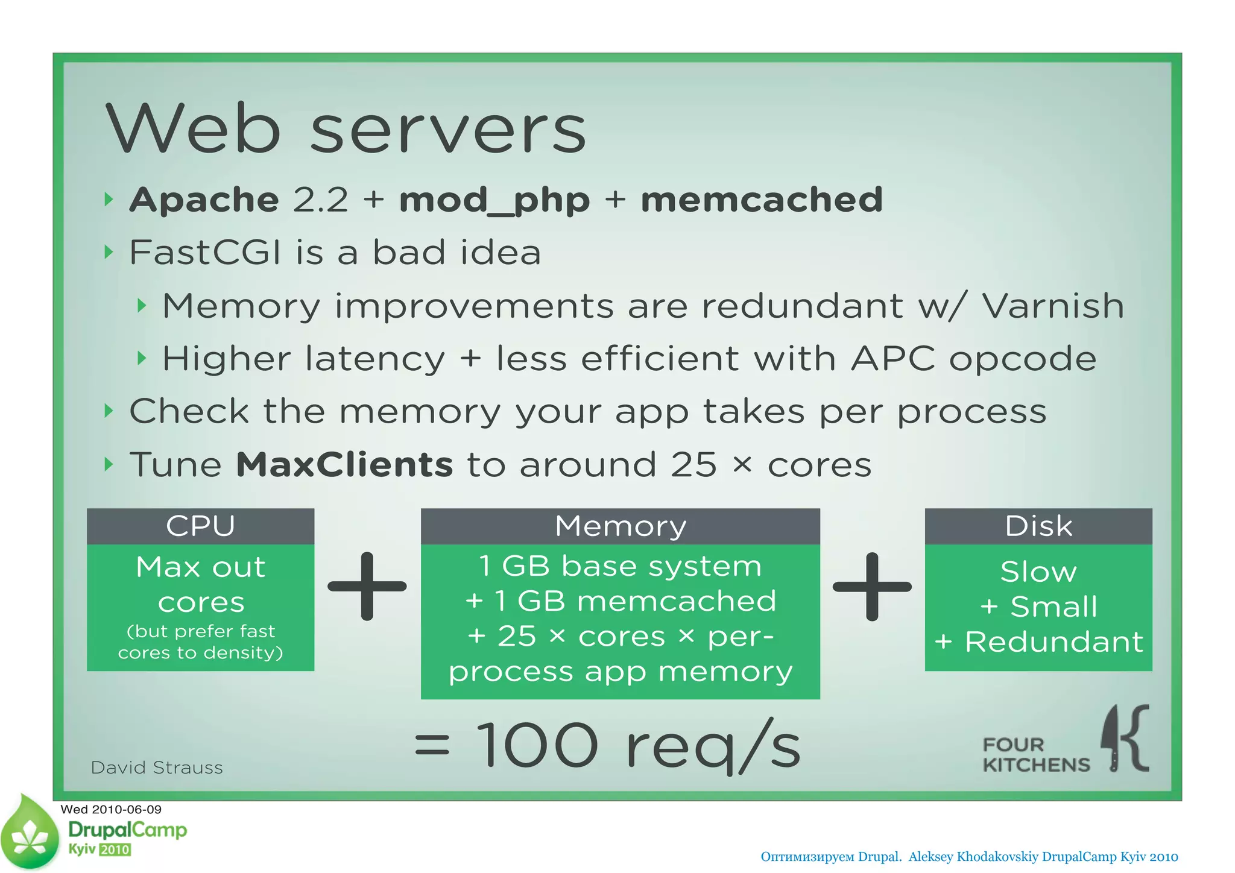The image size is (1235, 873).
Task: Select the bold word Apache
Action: (x=204, y=200)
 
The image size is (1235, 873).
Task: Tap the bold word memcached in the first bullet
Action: (x=761, y=200)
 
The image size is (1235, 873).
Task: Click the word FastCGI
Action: (x=205, y=252)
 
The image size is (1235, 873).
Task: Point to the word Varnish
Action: (x=1053, y=306)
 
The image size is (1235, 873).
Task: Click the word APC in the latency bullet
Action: (x=892, y=359)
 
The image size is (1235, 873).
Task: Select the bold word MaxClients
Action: (x=344, y=465)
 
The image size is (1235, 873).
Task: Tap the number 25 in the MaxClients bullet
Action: (x=693, y=465)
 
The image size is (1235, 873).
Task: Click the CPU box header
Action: (x=200, y=526)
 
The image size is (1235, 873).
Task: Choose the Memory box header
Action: (x=620, y=526)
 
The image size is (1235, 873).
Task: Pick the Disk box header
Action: (x=1038, y=526)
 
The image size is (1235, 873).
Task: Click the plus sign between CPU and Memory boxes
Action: (x=367, y=586)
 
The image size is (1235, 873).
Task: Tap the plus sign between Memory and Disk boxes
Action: (x=872, y=586)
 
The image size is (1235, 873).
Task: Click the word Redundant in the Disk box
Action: (x=1053, y=642)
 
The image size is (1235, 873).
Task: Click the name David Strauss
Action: (x=157, y=767)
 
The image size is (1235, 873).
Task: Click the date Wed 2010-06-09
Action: (x=111, y=809)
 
